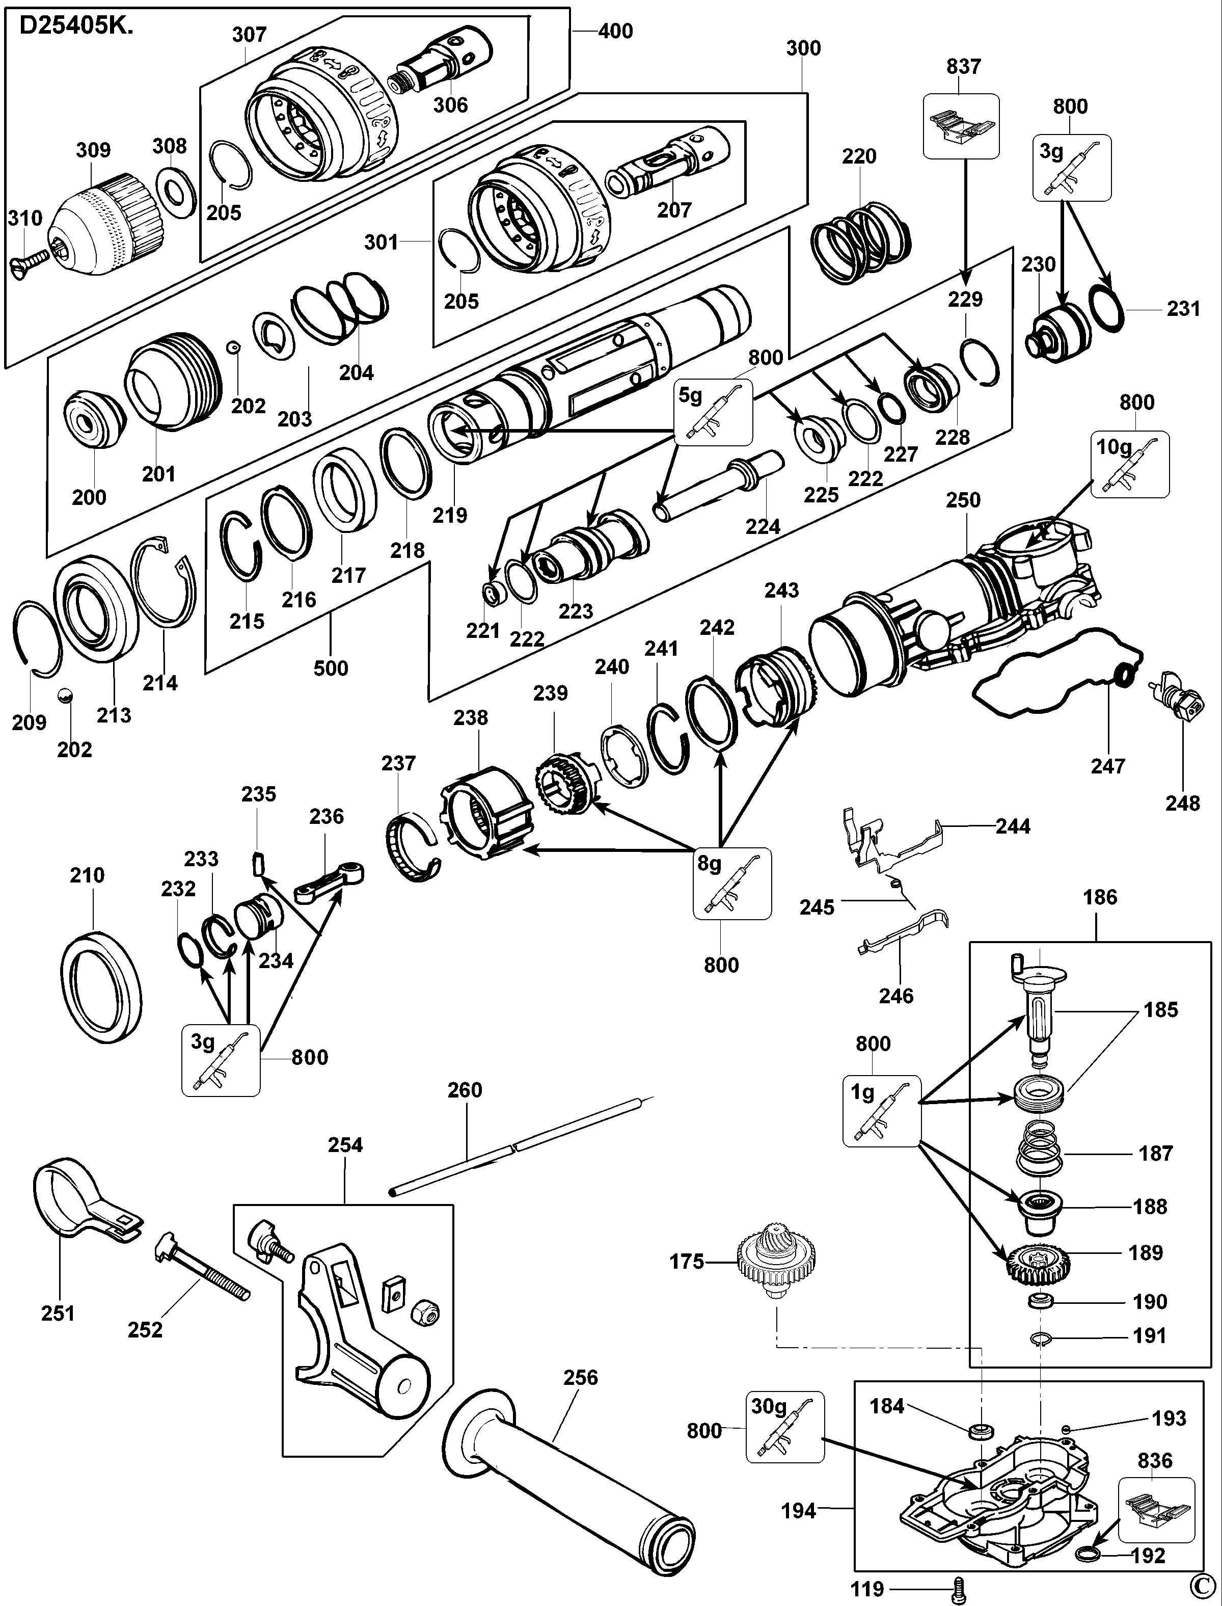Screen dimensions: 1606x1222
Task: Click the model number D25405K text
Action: pos(76,26)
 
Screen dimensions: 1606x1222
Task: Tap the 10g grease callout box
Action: pos(1130,464)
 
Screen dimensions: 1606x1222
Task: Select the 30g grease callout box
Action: pos(785,1427)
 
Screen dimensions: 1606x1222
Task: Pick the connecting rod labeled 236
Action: pos(329,881)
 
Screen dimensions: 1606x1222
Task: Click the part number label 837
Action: pos(963,66)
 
